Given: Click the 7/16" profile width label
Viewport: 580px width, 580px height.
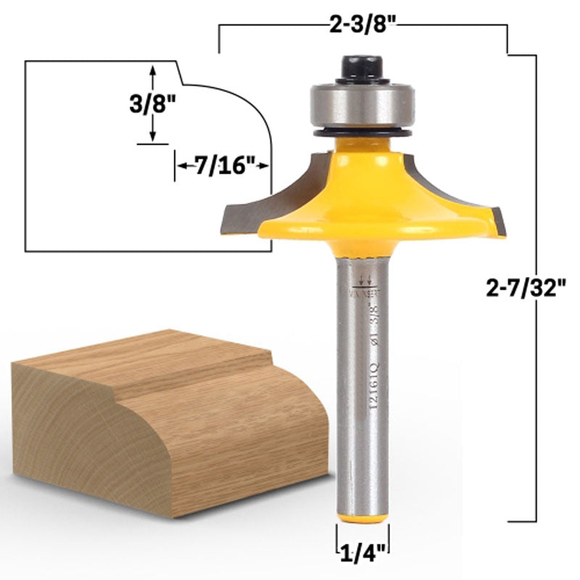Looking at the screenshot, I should (222, 165).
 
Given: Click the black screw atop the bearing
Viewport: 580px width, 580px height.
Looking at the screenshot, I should (362, 67).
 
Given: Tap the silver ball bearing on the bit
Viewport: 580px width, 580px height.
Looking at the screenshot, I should (362, 106).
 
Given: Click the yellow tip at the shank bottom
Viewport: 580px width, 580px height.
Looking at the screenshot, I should (362, 518).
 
